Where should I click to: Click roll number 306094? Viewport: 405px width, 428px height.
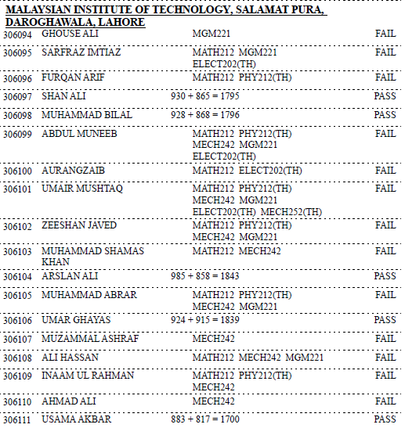point(17,36)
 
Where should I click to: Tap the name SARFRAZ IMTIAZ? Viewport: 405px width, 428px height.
point(78,52)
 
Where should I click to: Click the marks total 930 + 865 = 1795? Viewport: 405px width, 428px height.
point(204,96)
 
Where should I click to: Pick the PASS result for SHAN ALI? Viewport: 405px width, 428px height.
point(385,96)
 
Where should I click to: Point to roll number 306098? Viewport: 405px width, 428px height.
point(17,116)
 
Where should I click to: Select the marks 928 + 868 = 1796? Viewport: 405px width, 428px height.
point(204,115)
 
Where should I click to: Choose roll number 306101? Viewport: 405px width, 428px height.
point(17,189)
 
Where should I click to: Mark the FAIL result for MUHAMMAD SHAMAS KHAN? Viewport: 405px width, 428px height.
point(385,251)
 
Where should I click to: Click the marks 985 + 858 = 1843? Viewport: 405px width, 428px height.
point(204,276)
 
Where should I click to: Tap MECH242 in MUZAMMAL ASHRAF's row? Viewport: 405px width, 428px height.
point(213,339)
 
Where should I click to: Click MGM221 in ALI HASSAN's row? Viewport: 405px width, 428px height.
point(304,358)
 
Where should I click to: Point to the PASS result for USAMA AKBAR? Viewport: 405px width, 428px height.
point(385,419)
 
